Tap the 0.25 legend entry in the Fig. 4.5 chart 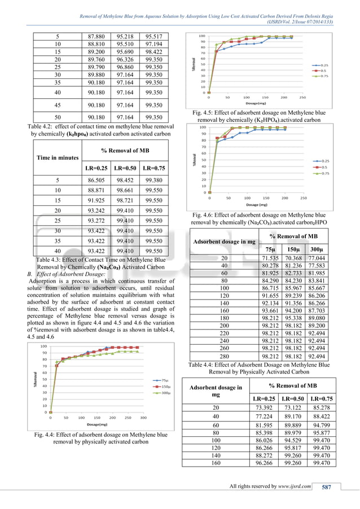pos(324,65)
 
